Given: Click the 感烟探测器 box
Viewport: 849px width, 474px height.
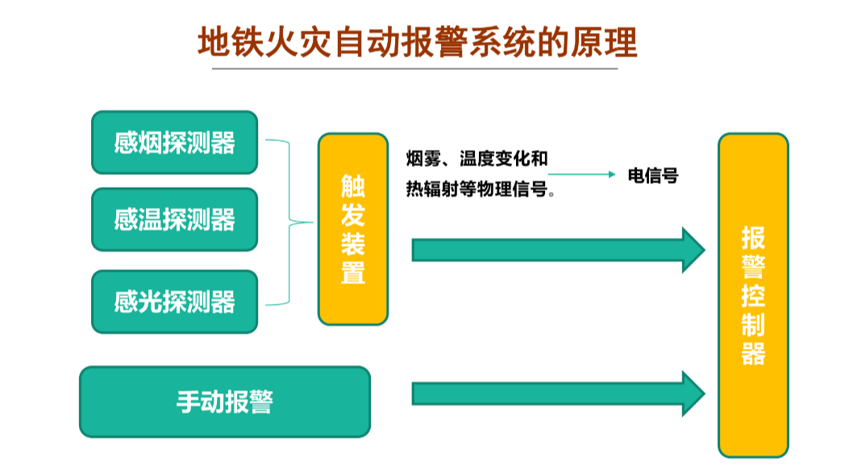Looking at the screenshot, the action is [174, 143].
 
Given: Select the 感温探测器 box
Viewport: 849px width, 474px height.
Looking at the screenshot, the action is [174, 219].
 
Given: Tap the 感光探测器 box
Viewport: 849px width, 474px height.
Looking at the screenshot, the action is [174, 301].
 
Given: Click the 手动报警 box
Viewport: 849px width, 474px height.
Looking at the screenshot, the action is [224, 401].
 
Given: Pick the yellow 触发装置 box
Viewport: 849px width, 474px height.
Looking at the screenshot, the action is [353, 229].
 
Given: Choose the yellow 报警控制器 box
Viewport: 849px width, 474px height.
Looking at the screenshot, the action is [753, 294].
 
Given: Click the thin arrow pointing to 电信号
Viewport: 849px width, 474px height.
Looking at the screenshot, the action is [581, 174].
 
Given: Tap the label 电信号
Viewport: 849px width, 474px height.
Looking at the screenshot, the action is [653, 175].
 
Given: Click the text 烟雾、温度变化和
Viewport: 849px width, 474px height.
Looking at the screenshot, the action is [477, 158].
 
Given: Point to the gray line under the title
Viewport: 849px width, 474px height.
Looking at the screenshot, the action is [414, 69].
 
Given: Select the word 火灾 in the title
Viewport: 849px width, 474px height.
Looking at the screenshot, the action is [302, 41].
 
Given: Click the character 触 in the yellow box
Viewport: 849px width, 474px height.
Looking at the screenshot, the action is [353, 185].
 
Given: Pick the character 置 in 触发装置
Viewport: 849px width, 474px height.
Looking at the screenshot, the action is [353, 272].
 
